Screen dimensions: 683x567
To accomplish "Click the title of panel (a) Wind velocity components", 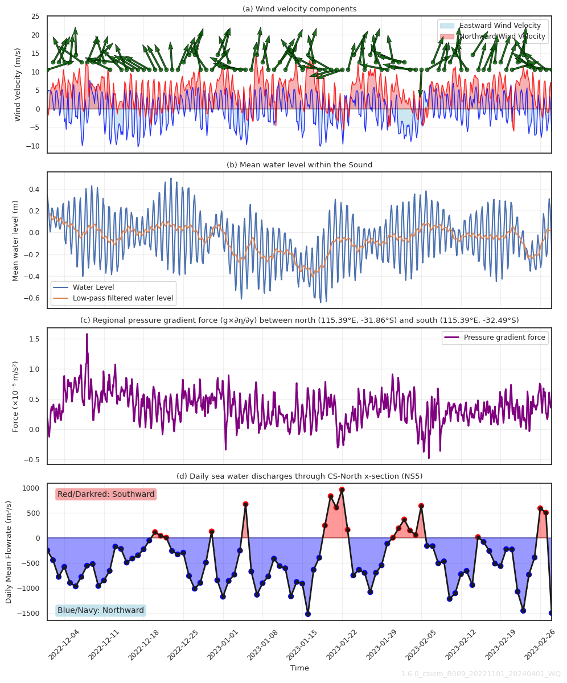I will (x=299, y=9).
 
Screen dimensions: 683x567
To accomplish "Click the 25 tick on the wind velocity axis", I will (x=35, y=17).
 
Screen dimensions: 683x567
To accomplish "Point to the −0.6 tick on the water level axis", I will (x=33, y=298).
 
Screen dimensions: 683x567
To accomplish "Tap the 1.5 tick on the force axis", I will (x=34, y=339).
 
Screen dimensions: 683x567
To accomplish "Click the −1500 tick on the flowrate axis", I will (x=30, y=614).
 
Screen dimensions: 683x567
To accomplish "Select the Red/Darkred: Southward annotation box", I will (x=106, y=494).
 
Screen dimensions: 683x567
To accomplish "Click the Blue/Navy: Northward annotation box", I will (x=101, y=610).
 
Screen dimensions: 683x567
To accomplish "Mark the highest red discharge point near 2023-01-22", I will (x=342, y=489).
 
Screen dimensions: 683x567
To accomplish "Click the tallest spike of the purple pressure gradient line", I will (x=87, y=335).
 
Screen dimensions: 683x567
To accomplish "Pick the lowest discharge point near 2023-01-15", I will (x=307, y=614).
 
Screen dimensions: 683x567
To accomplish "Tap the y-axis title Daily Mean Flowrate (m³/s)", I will (x=9, y=552).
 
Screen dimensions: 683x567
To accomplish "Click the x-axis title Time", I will (x=299, y=668).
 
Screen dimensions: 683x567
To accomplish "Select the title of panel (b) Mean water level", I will (x=299, y=165).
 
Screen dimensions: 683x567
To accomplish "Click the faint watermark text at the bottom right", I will (x=481, y=674).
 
